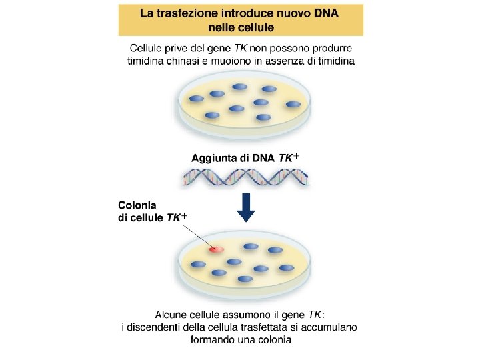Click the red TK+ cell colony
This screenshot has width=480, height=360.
215,249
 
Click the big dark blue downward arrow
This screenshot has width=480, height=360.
246,207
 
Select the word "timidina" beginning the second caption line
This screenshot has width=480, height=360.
148,61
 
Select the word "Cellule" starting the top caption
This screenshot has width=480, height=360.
146,49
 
